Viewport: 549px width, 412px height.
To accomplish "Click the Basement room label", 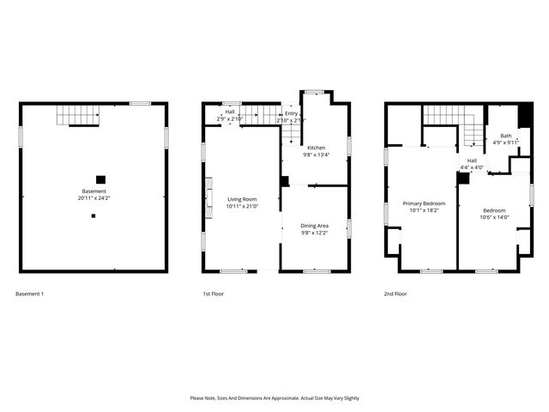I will tap(94, 191).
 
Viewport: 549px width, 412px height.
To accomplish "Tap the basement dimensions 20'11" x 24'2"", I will tap(94, 198).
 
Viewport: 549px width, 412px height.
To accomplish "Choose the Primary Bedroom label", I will tap(425, 203).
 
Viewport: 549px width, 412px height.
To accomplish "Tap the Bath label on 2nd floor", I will tap(506, 136).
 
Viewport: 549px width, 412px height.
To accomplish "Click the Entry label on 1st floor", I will tap(292, 113).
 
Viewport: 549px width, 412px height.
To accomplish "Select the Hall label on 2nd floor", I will tap(472, 161).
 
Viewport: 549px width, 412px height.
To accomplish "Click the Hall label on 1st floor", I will tap(230, 112).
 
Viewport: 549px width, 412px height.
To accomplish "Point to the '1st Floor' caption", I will tap(213, 294).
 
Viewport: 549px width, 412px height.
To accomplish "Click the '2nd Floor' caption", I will tap(395, 294).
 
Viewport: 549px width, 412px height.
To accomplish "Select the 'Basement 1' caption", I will tap(30, 294).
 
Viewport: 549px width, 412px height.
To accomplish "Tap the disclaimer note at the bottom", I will tap(274, 398).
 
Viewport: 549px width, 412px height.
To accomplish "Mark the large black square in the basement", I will tap(100, 179).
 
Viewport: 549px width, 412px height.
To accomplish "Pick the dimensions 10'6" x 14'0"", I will tap(494, 218).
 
